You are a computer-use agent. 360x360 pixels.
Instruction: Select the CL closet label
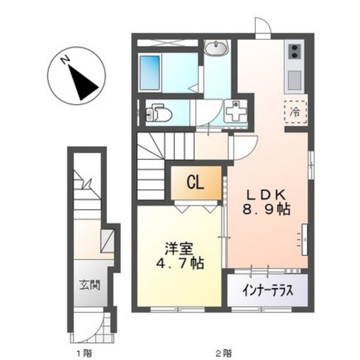[195, 183]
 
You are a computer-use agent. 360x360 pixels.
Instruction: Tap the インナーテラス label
[268, 290]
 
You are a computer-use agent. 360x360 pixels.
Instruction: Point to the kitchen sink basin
[295, 80]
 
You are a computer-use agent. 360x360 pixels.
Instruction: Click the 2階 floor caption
[222, 352]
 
